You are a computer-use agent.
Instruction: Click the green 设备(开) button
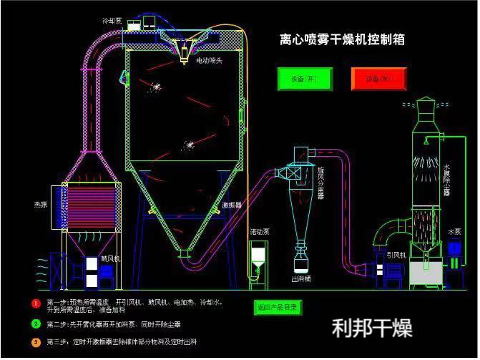click(305, 79)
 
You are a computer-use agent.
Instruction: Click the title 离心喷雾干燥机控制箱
click(342, 39)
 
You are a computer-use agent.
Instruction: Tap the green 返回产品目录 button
click(278, 307)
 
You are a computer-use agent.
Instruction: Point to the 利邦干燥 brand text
click(372, 329)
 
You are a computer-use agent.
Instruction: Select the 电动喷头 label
click(209, 61)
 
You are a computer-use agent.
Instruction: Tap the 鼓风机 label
click(110, 259)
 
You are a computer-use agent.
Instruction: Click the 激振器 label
click(231, 205)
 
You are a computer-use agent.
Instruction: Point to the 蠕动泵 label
click(259, 233)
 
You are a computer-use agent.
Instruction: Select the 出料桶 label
click(300, 278)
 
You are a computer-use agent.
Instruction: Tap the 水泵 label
click(454, 232)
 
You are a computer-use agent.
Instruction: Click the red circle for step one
click(35, 303)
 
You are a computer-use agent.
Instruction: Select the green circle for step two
click(35, 323)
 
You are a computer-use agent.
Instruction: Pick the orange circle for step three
click(35, 342)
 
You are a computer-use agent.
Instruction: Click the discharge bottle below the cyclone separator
click(301, 257)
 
